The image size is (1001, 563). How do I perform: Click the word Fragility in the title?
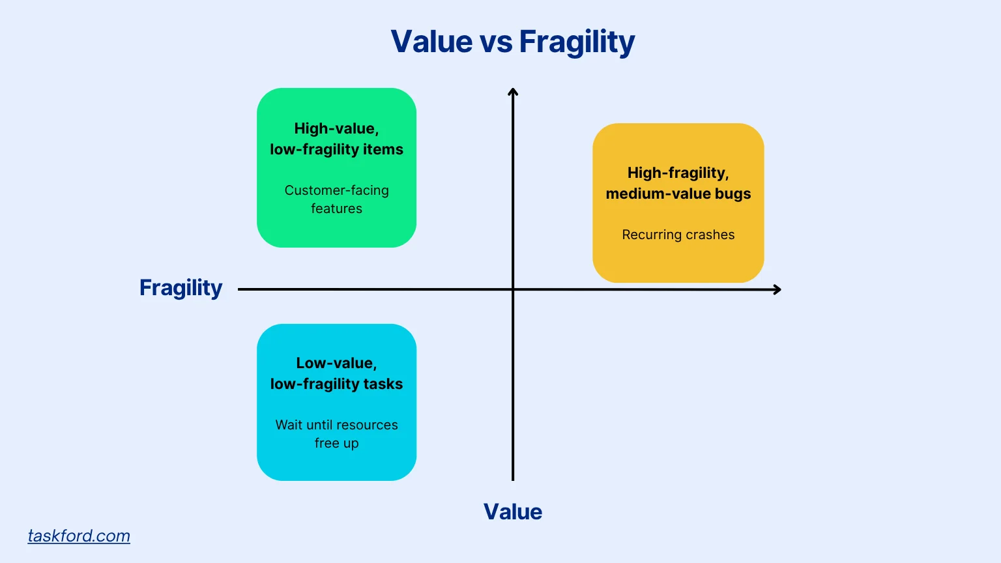tap(576, 42)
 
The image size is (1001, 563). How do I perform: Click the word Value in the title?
tap(431, 42)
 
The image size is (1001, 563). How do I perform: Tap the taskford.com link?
tap(79, 536)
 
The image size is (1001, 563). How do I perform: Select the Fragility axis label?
tap(181, 288)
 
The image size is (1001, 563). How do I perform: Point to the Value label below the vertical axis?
tap(512, 512)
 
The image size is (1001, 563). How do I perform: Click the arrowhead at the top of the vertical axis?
tap(513, 92)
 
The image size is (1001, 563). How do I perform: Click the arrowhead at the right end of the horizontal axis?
tap(777, 289)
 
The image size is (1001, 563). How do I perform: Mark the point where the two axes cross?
tap(513, 289)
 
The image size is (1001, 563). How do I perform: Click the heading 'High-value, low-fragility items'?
tap(336, 139)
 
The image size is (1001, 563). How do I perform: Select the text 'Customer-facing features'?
tap(336, 199)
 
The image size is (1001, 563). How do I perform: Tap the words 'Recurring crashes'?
tap(678, 235)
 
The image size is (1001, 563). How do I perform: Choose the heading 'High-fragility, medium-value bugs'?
tap(678, 183)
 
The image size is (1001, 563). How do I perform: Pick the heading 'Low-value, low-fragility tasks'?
tap(336, 373)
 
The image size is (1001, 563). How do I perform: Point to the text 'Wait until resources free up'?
tap(336, 434)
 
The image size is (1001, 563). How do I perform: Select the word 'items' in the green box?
tap(383, 150)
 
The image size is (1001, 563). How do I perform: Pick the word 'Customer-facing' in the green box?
tap(336, 190)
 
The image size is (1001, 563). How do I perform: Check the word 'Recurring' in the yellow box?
tap(649, 235)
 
